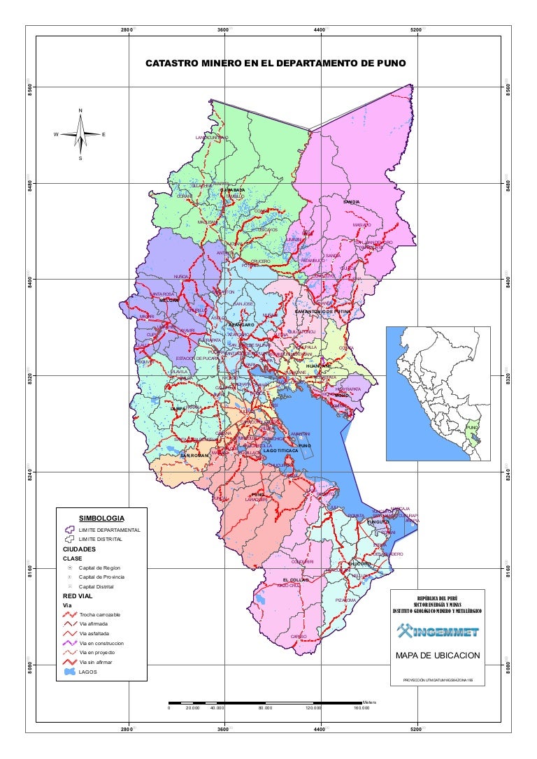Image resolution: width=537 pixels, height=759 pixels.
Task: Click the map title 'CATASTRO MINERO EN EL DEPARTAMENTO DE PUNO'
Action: tap(275, 64)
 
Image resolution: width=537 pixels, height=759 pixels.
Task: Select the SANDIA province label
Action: tap(351, 202)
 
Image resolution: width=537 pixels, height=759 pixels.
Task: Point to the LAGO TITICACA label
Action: tap(281, 451)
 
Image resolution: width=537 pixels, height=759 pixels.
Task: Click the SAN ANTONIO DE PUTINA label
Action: tap(322, 311)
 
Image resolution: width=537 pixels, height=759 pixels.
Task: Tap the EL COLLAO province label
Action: tap(295, 580)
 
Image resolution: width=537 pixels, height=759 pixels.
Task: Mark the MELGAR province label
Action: tap(169, 301)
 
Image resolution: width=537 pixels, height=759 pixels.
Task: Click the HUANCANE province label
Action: tap(318, 366)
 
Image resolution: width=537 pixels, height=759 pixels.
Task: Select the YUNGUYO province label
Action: tap(378, 521)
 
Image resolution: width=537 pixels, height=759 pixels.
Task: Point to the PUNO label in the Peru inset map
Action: tap(473, 428)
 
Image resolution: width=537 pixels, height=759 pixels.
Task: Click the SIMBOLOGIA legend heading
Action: tap(102, 518)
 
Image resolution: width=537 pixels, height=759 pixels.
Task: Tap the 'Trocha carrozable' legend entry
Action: tap(100, 614)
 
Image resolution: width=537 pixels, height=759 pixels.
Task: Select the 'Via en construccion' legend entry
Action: tap(102, 643)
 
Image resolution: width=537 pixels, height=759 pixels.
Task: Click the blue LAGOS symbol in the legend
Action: tap(69, 672)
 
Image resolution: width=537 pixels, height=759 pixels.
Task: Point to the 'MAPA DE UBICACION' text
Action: tap(438, 656)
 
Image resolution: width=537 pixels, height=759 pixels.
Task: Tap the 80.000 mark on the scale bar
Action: tap(265, 708)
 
